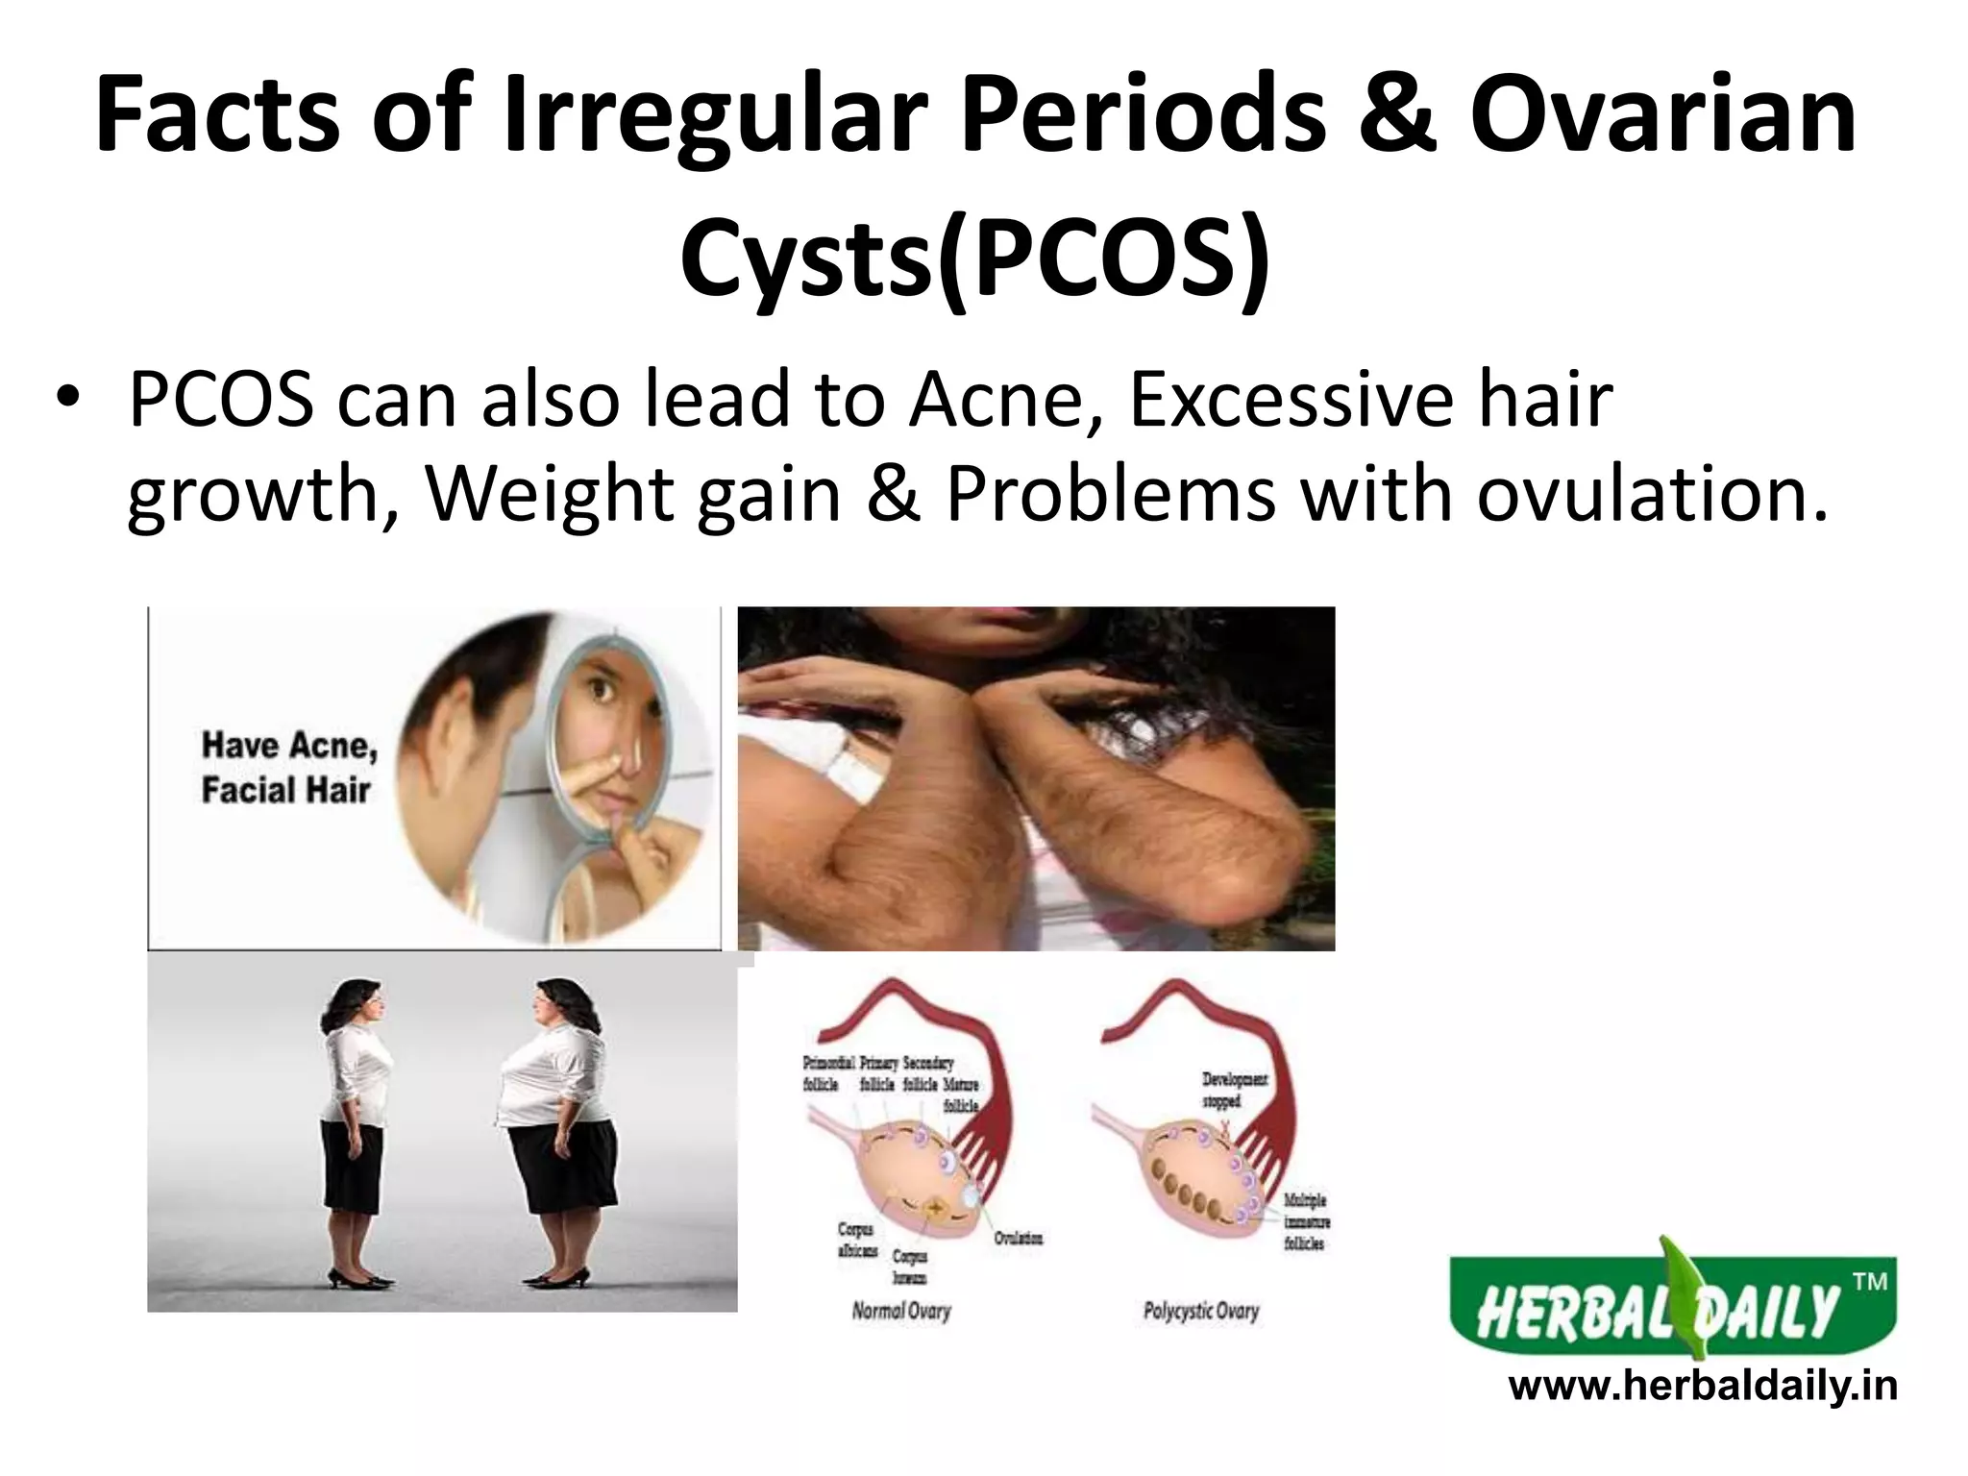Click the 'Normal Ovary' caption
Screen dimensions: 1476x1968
click(x=900, y=1311)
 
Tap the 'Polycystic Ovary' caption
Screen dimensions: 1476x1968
click(x=1200, y=1311)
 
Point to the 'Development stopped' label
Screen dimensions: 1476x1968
click(x=1234, y=1090)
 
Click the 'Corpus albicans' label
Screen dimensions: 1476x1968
click(x=856, y=1240)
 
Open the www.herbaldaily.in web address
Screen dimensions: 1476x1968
click(x=1703, y=1388)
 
